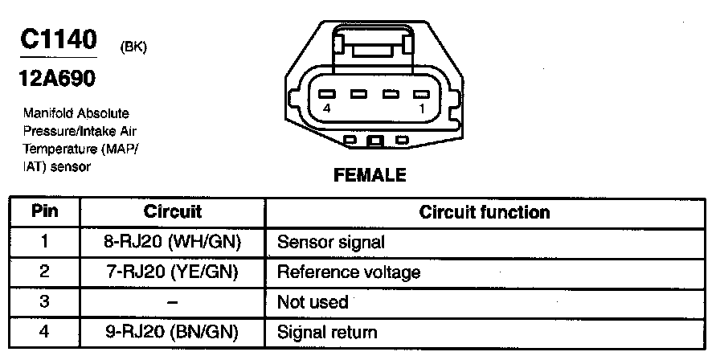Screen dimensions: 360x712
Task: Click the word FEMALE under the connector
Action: point(370,174)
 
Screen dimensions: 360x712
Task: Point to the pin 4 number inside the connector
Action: point(326,108)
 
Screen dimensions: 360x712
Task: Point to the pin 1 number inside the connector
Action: point(419,108)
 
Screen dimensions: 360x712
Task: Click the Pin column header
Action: point(45,212)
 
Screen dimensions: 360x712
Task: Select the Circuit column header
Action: point(172,212)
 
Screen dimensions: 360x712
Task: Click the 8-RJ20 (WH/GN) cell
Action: point(173,242)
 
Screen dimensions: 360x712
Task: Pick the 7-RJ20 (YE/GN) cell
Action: point(173,272)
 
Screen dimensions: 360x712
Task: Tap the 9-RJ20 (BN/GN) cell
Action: point(173,331)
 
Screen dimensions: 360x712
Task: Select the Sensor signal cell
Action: point(330,242)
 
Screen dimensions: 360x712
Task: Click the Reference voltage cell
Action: point(348,272)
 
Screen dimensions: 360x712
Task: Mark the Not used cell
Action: point(312,302)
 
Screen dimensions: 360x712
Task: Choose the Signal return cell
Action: point(326,331)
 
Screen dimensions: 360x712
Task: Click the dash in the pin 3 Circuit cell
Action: point(172,303)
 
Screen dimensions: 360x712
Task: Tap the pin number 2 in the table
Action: point(45,272)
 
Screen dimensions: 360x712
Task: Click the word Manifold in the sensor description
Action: point(46,113)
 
